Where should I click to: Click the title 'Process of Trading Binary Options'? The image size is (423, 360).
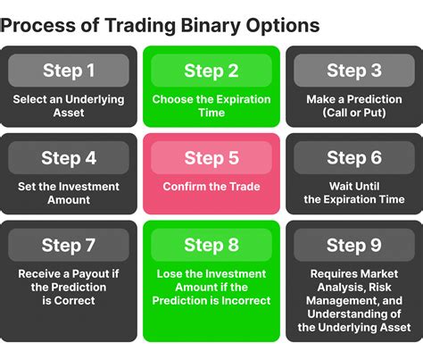click(x=160, y=25)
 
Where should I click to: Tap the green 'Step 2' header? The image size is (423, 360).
click(x=211, y=71)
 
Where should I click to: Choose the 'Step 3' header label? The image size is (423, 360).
click(x=354, y=71)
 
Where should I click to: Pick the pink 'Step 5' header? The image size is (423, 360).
click(x=211, y=158)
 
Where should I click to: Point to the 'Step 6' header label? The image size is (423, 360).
click(x=354, y=158)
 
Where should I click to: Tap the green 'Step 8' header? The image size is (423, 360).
click(x=211, y=246)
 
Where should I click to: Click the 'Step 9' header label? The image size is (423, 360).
click(x=354, y=246)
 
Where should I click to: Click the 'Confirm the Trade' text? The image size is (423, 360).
click(x=211, y=188)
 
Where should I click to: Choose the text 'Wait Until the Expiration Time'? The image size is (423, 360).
click(x=354, y=194)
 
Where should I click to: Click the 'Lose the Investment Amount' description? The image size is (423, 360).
click(x=211, y=288)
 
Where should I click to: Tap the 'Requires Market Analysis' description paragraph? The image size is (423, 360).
click(x=354, y=300)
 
